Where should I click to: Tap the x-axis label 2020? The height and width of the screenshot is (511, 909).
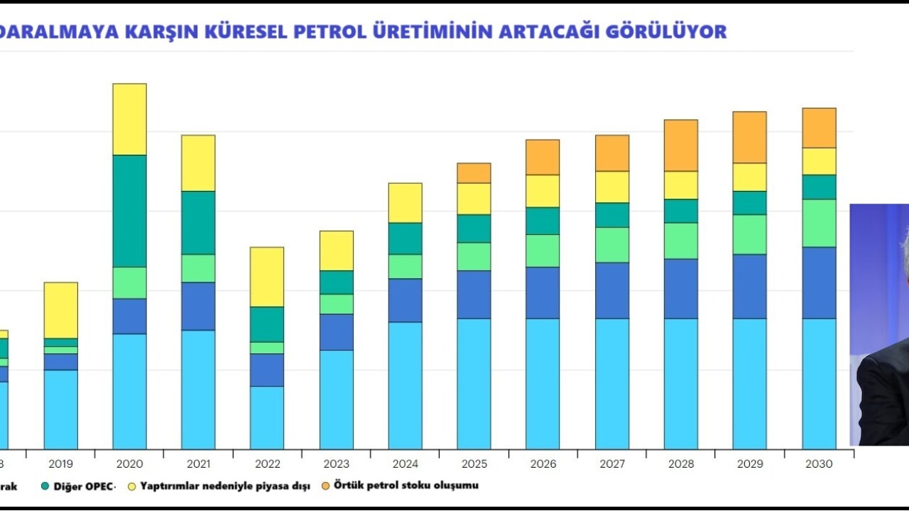[x=129, y=464]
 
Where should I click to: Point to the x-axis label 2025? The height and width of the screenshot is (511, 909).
[x=474, y=464]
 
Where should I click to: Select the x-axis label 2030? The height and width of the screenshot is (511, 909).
[x=819, y=464]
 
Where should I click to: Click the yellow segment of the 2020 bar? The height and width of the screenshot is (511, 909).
[x=129, y=119]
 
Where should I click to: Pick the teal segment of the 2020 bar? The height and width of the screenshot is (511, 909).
[x=129, y=211]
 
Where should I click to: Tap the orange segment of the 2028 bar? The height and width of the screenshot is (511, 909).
[x=681, y=145]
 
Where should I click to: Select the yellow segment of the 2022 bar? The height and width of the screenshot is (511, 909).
[x=267, y=277]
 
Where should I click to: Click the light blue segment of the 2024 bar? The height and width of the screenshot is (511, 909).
[x=405, y=385]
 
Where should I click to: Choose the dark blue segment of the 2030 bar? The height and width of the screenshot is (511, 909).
[x=819, y=282]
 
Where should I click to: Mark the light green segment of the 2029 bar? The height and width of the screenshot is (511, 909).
[x=750, y=234]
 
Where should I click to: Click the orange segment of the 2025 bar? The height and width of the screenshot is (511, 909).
[x=474, y=173]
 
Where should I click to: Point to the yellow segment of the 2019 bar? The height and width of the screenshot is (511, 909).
[x=61, y=310]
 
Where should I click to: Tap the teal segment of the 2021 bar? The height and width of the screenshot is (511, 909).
[x=198, y=223]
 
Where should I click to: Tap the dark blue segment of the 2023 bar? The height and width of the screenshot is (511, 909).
[x=336, y=332]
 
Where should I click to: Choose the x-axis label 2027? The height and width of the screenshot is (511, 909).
[x=612, y=464]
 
